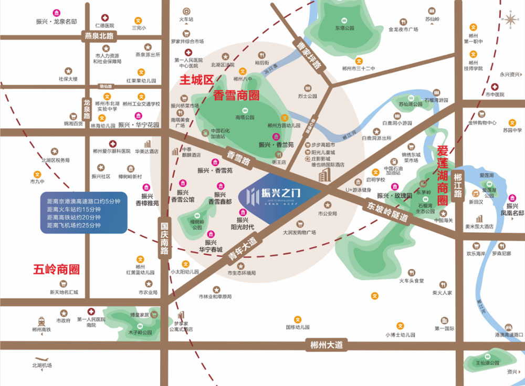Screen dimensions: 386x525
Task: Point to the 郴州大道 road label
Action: coord(326,345)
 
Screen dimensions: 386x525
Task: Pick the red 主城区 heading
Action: coord(196,80)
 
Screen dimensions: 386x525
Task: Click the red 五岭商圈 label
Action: coord(56,270)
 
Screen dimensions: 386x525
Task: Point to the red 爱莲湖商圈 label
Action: coord(443,175)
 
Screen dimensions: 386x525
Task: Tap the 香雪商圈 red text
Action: coord(237,96)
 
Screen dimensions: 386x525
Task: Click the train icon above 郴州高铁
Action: coord(41,320)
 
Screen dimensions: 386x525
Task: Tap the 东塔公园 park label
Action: coord(344,28)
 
